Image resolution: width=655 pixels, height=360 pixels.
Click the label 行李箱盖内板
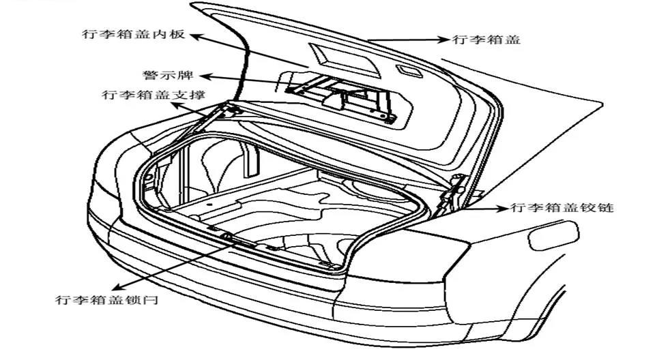tap(134, 34)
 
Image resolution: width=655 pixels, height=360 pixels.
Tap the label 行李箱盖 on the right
tap(486, 40)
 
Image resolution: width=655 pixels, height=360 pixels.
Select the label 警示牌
tap(168, 75)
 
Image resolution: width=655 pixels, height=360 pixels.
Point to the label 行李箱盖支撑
tap(154, 95)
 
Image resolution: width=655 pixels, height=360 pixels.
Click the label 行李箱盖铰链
tap(562, 207)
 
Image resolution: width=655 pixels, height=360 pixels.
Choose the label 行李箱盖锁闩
tap(107, 299)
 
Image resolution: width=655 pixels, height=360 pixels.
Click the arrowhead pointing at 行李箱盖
tap(443, 40)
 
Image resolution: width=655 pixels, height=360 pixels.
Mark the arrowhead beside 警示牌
tap(205, 77)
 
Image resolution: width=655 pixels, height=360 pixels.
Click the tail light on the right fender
tap(553, 235)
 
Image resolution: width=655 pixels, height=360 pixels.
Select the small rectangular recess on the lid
tap(410, 71)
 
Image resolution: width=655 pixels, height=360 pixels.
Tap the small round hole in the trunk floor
tap(209, 205)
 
